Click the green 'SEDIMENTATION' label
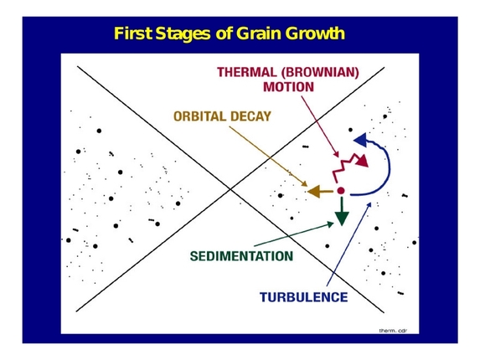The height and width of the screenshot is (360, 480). [x=240, y=255]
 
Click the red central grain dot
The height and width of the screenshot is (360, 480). [x=341, y=193]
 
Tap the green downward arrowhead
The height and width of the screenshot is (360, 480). [x=340, y=218]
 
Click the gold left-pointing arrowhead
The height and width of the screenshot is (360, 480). [x=315, y=193]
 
